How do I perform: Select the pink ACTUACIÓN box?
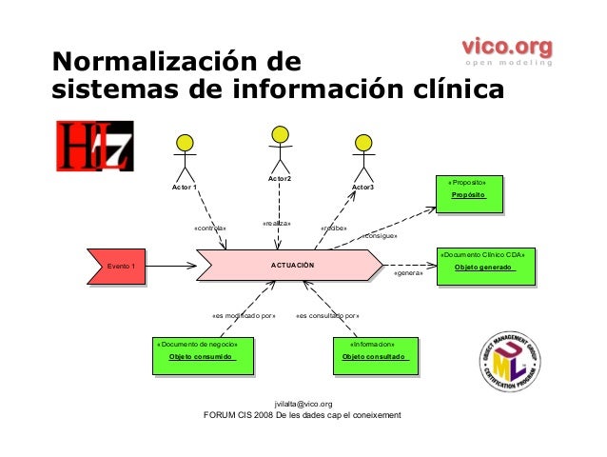(292, 266)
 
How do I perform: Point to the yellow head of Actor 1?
(185, 143)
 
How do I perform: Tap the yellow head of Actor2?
(280, 134)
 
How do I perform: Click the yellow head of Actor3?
(362, 143)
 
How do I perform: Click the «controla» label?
(210, 228)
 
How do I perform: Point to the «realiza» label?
(276, 223)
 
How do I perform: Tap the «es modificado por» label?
(243, 315)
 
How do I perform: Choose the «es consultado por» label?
(327, 315)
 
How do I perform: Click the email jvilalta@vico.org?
(303, 404)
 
